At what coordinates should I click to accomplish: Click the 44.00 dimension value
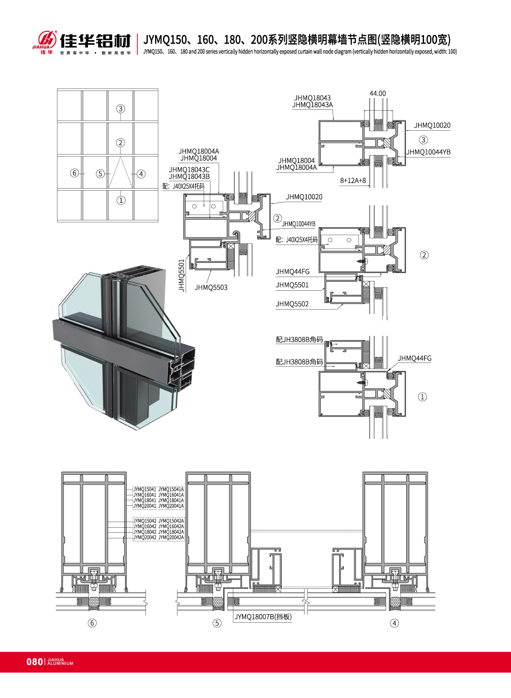pos(377,94)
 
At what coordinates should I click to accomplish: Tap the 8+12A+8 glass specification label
pos(353,180)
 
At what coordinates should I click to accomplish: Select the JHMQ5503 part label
pos(211,288)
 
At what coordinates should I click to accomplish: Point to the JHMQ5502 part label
pos(292,304)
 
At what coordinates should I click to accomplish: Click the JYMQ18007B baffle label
pos(263,617)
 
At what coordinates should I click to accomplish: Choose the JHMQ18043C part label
pos(189,170)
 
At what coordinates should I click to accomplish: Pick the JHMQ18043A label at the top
pos(312,105)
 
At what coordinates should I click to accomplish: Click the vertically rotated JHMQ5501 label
pos(182,276)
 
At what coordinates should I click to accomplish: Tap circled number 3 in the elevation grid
pos(121,109)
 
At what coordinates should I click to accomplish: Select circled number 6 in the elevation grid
pos(75,173)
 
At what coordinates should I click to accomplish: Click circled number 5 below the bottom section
pos(217,623)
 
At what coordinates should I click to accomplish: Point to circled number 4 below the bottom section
pos(394,623)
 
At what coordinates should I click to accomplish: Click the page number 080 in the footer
pos(35,661)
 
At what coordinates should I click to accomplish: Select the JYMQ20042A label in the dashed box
pos(171,537)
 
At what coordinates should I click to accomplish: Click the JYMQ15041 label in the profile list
pos(145,490)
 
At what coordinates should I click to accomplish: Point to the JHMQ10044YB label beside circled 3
pos(428,152)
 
